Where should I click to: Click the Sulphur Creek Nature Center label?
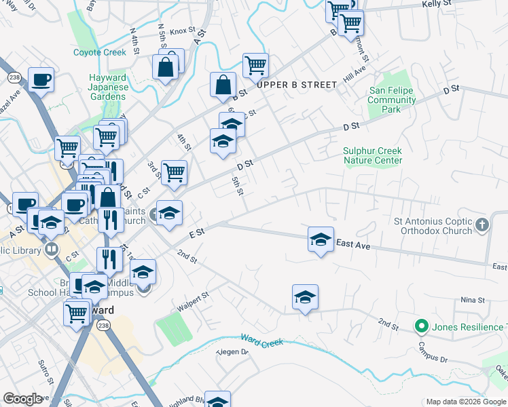[x=373, y=155]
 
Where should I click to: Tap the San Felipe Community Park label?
[x=392, y=100]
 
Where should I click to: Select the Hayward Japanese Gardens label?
[x=108, y=87]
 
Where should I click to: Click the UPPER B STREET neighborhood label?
[x=296, y=85]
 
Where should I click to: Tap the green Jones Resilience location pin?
[x=421, y=327]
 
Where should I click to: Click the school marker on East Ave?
[x=321, y=239]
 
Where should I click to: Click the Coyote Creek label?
[x=100, y=52]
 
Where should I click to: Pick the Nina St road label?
[x=472, y=300]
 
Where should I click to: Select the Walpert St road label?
[x=192, y=299]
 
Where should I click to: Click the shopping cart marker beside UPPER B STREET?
[x=256, y=66]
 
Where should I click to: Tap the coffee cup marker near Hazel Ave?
[x=41, y=80]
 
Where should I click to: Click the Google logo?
[x=23, y=398]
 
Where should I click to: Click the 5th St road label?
[x=237, y=185]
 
